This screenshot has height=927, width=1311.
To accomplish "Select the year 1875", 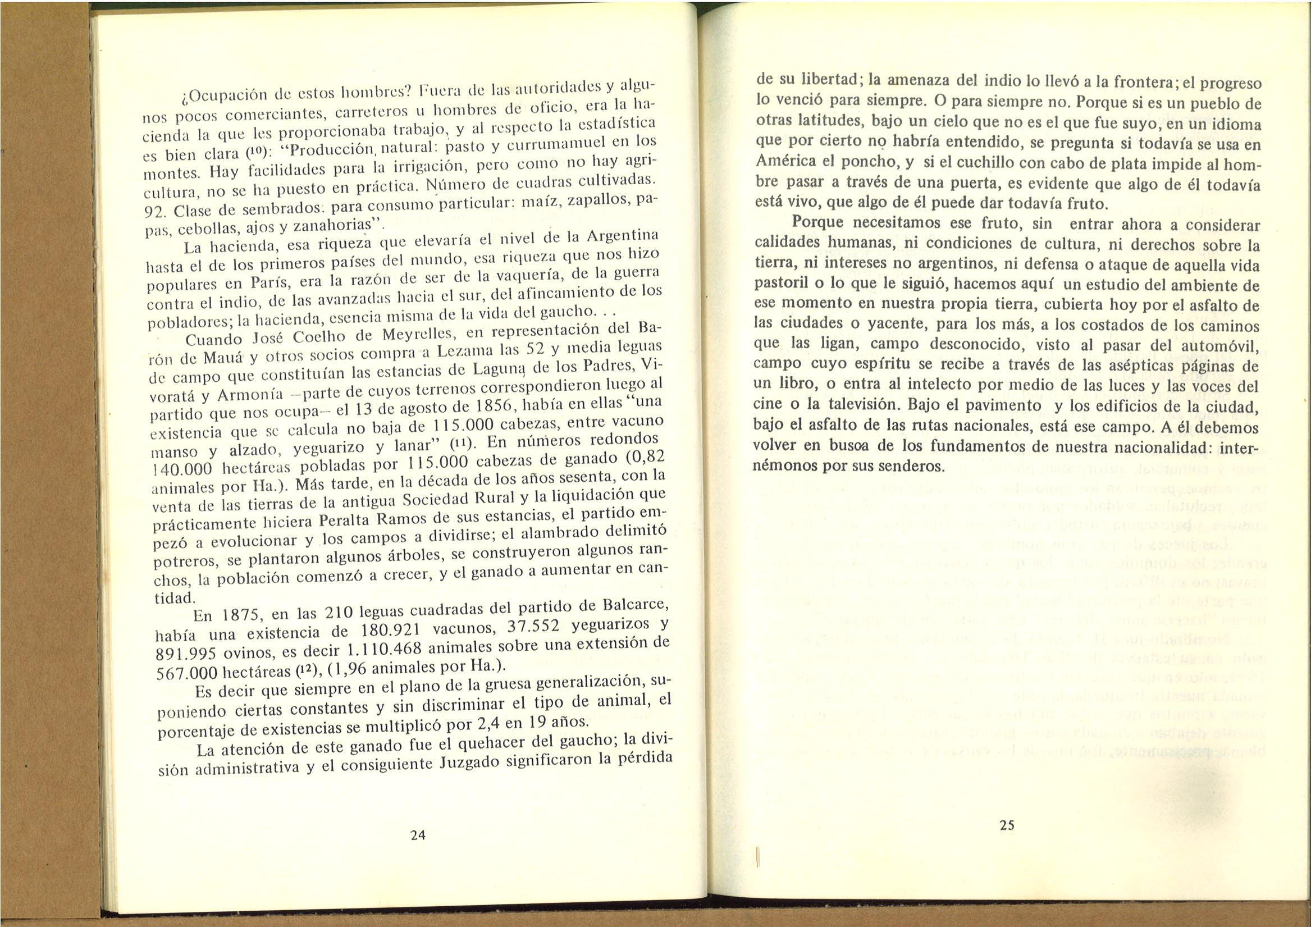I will tap(241, 617).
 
